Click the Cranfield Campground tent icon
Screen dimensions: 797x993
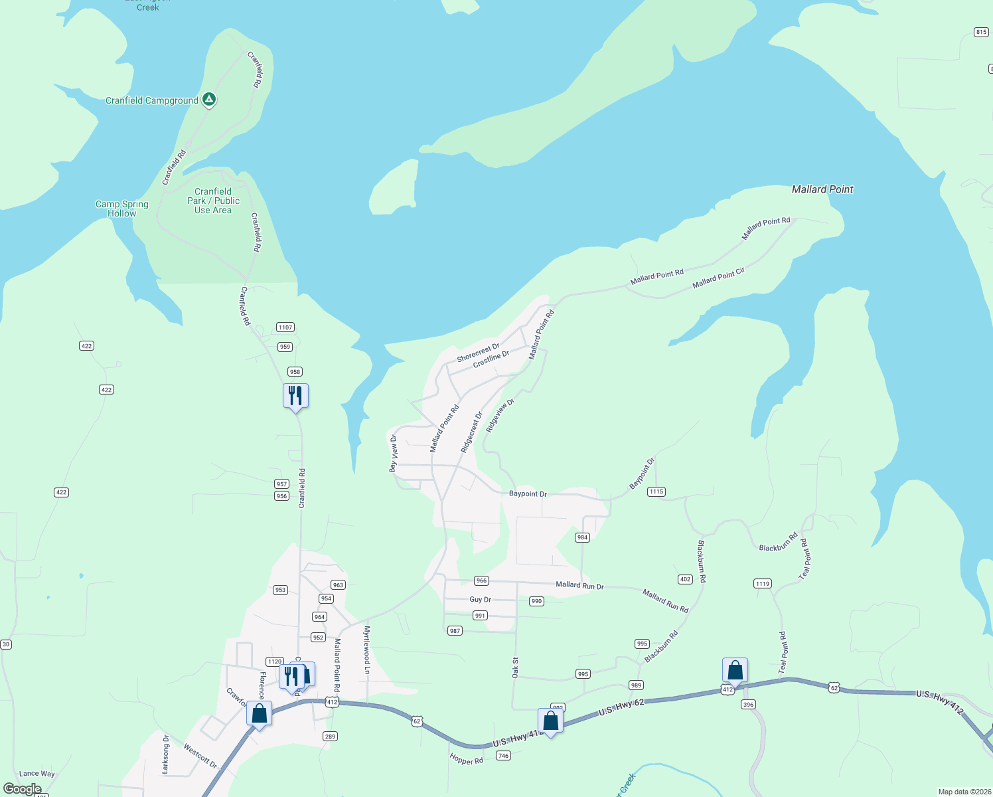[209, 100]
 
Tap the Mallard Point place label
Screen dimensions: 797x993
[822, 189]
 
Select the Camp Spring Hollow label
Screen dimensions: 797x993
[122, 209]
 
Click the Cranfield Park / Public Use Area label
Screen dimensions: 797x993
[213, 201]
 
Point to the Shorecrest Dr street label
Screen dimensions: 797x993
[478, 353]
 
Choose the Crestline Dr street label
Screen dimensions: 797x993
[491, 359]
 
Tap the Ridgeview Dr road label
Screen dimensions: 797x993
[500, 416]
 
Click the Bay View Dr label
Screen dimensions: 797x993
[394, 454]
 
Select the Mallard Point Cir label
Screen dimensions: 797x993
[718, 278]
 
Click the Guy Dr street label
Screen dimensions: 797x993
[481, 600]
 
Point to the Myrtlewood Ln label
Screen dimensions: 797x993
[366, 650]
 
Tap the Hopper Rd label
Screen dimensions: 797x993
[467, 759]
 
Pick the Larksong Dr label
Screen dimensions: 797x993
[166, 754]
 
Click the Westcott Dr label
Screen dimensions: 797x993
[200, 756]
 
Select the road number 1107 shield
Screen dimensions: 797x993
[285, 327]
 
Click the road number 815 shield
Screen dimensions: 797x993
[981, 32]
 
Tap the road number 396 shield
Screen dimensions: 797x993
[749, 705]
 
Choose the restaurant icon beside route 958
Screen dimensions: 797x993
[295, 396]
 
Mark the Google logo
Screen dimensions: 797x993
[23, 789]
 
